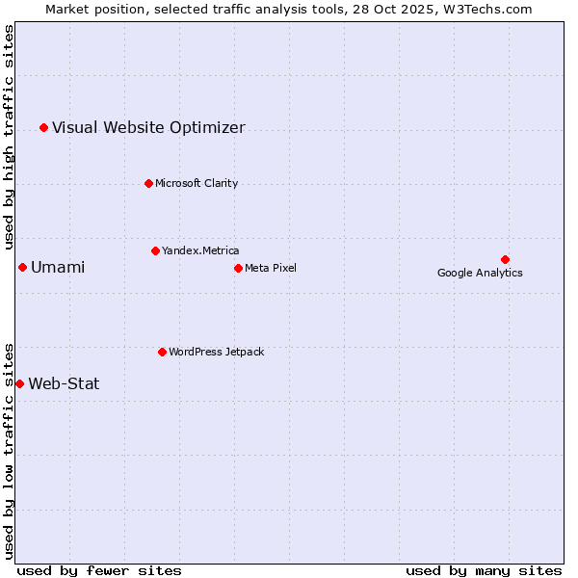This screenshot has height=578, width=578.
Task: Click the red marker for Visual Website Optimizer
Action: [43, 127]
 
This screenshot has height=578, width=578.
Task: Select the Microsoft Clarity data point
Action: [148, 183]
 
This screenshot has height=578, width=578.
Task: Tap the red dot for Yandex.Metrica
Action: [155, 250]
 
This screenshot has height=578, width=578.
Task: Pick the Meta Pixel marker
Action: [238, 268]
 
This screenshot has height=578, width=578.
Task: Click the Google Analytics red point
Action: [505, 259]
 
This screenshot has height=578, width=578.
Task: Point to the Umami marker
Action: [22, 267]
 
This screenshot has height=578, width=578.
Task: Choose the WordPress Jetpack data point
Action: [162, 352]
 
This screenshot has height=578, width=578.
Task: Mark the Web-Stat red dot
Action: [19, 383]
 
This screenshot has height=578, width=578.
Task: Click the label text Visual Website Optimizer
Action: [148, 127]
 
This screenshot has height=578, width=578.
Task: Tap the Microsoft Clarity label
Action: [197, 183]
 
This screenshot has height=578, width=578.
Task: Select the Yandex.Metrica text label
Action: [200, 250]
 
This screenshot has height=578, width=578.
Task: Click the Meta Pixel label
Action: [271, 268]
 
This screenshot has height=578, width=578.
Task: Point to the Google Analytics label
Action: [480, 273]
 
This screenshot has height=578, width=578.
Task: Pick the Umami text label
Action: [58, 267]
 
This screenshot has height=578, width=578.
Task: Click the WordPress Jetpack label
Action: [216, 352]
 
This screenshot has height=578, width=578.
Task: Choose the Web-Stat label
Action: [64, 383]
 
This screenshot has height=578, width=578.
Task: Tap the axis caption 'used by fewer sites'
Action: [99, 570]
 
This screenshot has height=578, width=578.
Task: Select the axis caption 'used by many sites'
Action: [484, 570]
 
